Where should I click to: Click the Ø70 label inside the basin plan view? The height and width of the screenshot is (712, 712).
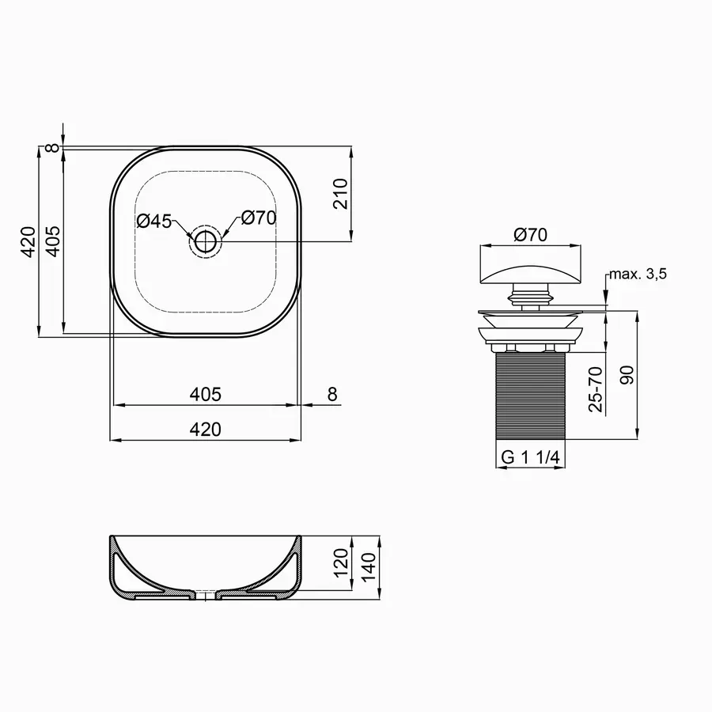coord(258,218)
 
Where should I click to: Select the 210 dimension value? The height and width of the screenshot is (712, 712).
coord(341,193)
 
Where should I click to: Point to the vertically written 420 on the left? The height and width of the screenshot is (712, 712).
coord(28,241)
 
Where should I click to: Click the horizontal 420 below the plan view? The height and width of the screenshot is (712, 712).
coord(205,430)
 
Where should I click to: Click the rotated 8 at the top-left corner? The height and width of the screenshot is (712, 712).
coord(53,147)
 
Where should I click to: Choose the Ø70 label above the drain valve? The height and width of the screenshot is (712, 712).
coord(531,235)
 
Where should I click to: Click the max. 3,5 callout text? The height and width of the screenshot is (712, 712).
coord(638,275)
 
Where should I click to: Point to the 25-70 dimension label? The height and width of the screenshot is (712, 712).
coord(596,388)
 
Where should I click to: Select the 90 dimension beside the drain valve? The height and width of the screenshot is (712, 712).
coord(627,375)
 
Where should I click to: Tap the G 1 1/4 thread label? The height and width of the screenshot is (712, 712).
coord(531,457)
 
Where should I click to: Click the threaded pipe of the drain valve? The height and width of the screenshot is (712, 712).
coord(531,396)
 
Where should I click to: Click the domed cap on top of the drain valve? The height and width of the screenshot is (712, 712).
coord(531,273)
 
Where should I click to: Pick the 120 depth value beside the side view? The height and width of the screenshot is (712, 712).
coord(341,563)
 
